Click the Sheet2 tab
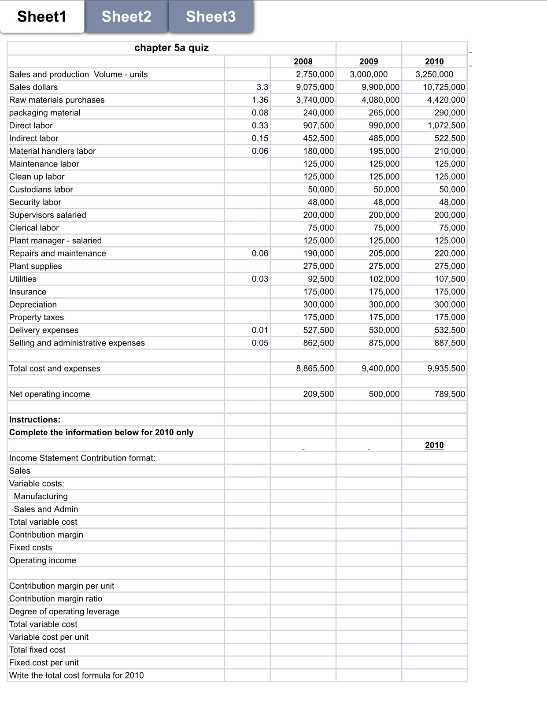tap(126, 17)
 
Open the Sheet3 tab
tap(211, 17)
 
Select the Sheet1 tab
tap(42, 17)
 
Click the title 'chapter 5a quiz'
tap(171, 48)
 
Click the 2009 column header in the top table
tap(369, 62)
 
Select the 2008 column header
tap(303, 62)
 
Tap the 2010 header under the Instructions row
tap(434, 445)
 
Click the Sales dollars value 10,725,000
tap(444, 87)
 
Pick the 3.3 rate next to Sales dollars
tap(262, 87)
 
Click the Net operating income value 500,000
tap(384, 394)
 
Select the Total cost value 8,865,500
tap(315, 368)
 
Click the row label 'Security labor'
tap(35, 202)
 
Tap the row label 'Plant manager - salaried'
tap(55, 241)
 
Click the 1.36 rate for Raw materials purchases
tap(260, 100)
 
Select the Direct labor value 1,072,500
tap(446, 126)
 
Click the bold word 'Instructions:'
tap(35, 419)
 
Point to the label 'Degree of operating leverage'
tap(64, 612)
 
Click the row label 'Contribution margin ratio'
tap(56, 599)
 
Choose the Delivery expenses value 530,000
tap(384, 330)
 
